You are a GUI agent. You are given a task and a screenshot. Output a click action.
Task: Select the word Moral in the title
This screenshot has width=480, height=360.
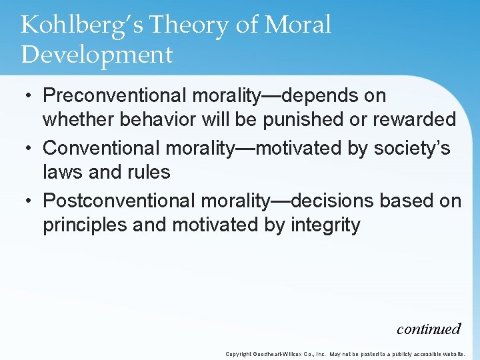click(x=297, y=25)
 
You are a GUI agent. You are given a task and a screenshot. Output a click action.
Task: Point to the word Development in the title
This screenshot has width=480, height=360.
click(x=97, y=55)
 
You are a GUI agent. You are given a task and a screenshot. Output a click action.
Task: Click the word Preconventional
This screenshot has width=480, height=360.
click(x=115, y=96)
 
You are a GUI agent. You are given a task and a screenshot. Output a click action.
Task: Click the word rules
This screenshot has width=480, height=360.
click(x=151, y=173)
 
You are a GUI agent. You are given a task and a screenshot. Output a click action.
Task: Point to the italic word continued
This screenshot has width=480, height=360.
click(x=428, y=329)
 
